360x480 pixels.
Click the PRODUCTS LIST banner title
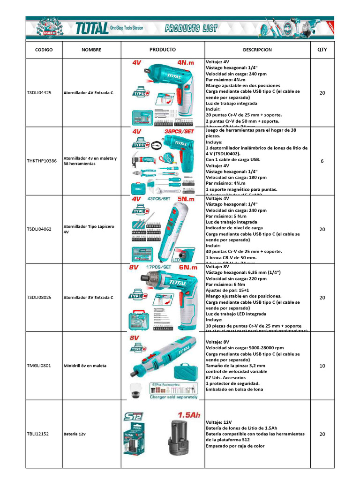tap(191, 29)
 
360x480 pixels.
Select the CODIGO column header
tap(44, 50)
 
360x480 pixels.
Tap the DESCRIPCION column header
tap(257, 50)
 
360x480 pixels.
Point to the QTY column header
tap(322, 50)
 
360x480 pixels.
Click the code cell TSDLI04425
tap(39, 93)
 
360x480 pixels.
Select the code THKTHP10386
tap(42, 161)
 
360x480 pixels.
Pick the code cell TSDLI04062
tap(39, 229)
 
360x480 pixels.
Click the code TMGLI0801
tap(39, 366)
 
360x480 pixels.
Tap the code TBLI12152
tap(38, 434)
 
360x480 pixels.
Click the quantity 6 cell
tap(322, 161)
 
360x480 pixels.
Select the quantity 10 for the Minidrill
tap(322, 366)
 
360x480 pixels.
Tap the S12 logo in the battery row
tap(135, 416)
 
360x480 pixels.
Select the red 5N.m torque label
tap(187, 199)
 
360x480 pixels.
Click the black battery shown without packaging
tap(178, 437)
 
